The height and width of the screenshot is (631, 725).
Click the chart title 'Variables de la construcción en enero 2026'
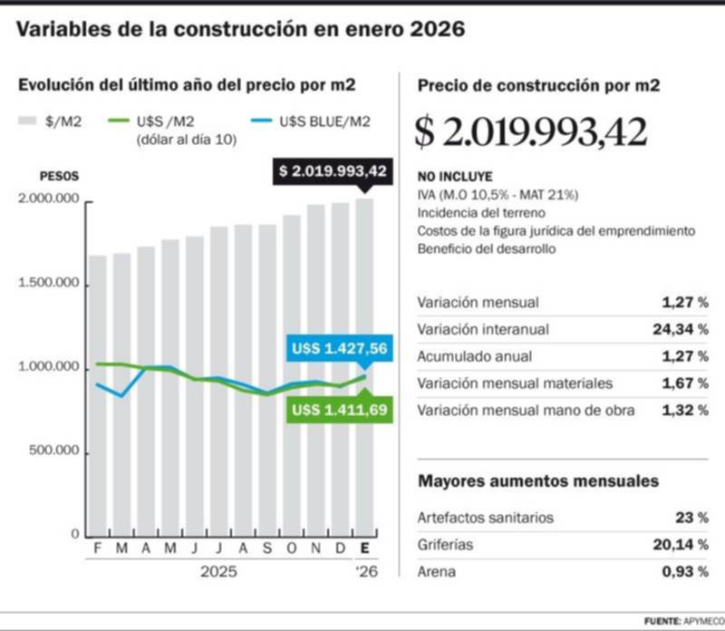241,30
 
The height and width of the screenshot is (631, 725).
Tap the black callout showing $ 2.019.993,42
333,170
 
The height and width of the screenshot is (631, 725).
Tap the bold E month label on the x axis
364,549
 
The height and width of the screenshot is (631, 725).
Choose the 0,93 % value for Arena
686,572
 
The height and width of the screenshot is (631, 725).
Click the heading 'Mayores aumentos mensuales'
537,481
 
